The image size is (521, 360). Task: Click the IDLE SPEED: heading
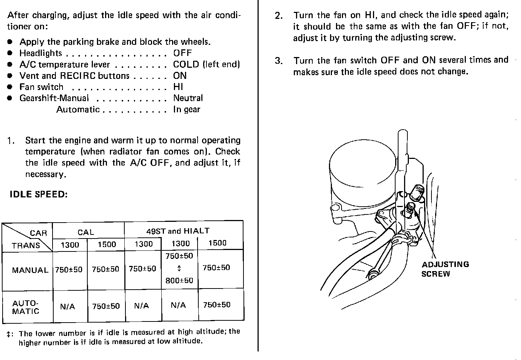38,194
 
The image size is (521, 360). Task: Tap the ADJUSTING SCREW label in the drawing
445,269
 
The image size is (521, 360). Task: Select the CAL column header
86,233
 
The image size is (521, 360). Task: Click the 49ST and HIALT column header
178,231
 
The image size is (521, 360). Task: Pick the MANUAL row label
30,270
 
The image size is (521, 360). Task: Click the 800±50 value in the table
179,281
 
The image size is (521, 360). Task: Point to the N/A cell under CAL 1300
67,307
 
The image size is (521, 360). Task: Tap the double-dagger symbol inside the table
179,268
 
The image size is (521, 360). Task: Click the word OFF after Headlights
182,53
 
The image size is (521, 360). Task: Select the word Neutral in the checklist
188,98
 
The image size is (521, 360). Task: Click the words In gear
186,110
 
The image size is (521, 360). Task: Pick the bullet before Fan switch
11,87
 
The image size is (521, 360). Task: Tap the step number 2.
279,16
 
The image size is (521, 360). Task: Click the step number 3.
279,61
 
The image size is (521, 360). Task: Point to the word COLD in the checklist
186,64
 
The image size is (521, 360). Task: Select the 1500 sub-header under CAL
107,244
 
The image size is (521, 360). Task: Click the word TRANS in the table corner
26,246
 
